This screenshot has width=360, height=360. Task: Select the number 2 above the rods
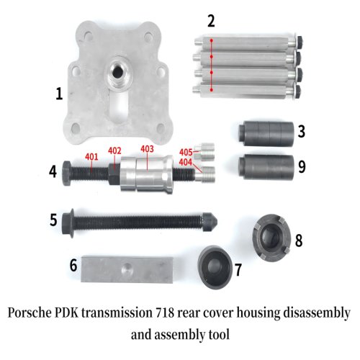tap(210, 21)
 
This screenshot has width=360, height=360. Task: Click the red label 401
tap(91, 157)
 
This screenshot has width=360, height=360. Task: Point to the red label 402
tap(114, 150)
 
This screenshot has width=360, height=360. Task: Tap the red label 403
tap(148, 150)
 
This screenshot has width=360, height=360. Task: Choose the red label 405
tap(186, 152)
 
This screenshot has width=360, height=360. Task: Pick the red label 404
tap(186, 162)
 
